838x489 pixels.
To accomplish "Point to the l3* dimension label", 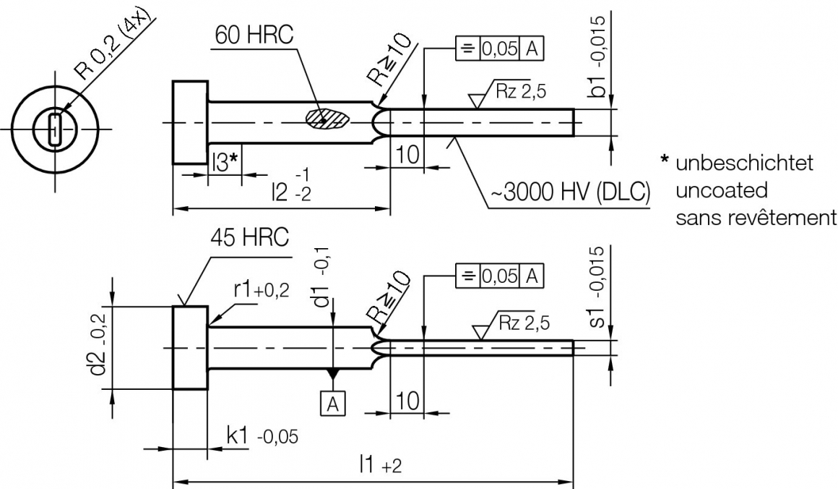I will [225, 161].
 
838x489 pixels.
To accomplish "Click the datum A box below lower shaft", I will [332, 404].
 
